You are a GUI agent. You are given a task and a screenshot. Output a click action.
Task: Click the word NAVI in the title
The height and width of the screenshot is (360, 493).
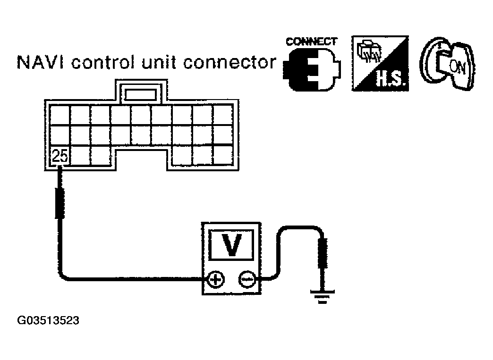pyautogui.click(x=36, y=62)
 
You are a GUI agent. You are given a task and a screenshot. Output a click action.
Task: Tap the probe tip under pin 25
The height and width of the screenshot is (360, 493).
pyautogui.click(x=60, y=203)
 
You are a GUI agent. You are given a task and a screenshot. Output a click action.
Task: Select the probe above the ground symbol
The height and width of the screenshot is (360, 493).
pyautogui.click(x=323, y=254)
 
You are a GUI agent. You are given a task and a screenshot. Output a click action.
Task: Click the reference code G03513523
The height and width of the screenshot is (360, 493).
pyautogui.click(x=48, y=321)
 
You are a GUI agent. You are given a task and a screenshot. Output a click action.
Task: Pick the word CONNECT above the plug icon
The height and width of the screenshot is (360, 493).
pyautogui.click(x=312, y=42)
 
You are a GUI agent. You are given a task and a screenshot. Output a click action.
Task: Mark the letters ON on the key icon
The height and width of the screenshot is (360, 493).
pyautogui.click(x=457, y=67)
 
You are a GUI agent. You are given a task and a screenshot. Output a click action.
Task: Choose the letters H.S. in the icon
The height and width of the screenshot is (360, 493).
pyautogui.click(x=390, y=81)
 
